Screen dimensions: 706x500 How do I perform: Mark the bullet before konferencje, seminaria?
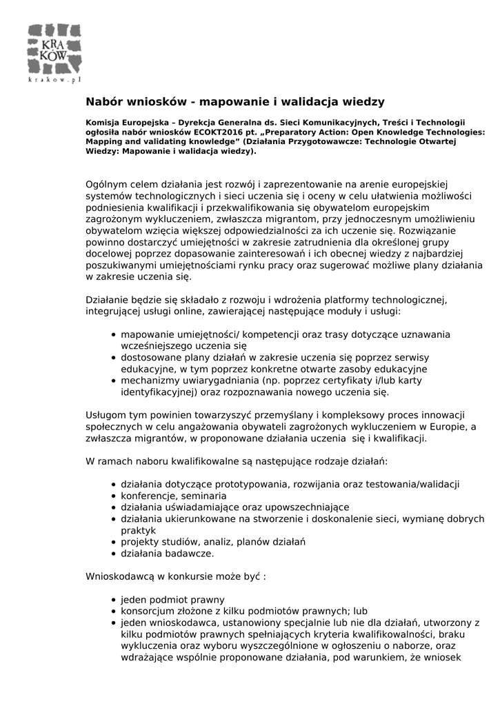113,496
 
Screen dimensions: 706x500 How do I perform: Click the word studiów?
178,542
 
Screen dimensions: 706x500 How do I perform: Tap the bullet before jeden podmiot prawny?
113,600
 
